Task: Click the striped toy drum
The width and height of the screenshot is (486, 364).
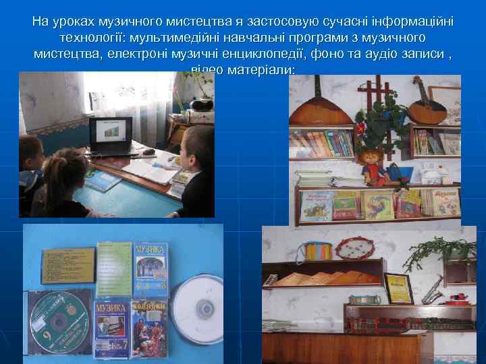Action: coord(318,251)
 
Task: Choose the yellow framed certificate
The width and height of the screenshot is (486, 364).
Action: coord(398,287)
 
